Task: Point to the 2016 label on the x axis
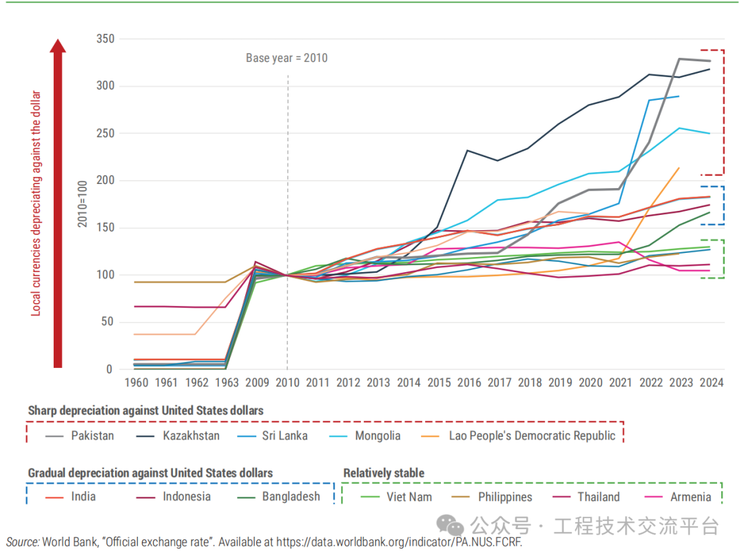click(469, 382)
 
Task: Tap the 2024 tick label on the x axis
click(712, 382)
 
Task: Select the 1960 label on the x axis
click(136, 382)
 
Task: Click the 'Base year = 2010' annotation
click(287, 58)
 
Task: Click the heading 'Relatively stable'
click(384, 473)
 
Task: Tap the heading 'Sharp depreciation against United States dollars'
click(145, 411)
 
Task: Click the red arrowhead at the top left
click(58, 46)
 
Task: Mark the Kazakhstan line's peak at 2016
click(468, 150)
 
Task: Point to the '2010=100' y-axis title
click(83, 204)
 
